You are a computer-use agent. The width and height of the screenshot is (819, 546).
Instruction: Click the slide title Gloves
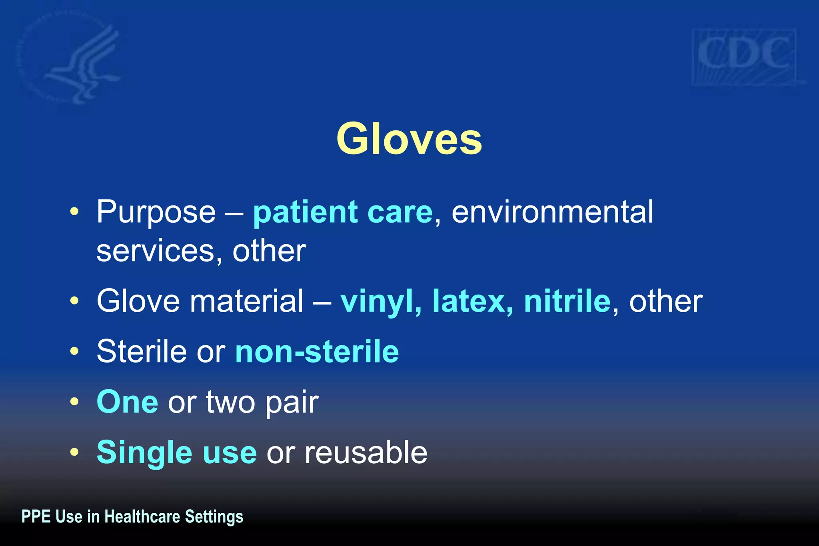point(409,139)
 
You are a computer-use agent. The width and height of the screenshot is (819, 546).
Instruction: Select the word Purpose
point(156,212)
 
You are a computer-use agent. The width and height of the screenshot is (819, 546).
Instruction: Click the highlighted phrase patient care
point(343,212)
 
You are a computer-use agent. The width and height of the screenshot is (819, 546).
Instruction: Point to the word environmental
point(552,212)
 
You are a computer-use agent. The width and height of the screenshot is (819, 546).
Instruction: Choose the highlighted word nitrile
point(567,301)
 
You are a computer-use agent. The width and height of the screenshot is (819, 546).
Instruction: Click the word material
point(246,301)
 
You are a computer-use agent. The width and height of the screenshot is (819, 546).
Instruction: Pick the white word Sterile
point(142,352)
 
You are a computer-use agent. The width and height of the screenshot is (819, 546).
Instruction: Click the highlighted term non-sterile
point(317,352)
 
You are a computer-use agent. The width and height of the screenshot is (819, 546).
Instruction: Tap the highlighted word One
point(127,402)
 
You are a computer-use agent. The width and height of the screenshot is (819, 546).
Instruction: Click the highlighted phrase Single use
point(176,452)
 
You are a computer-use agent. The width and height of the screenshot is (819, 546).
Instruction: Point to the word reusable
point(366,452)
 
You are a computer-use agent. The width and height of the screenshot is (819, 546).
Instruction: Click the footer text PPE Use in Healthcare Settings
point(132,516)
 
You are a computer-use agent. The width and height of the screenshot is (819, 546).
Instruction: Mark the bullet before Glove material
point(74,301)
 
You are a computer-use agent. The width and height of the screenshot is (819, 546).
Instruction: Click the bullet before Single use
point(74,452)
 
